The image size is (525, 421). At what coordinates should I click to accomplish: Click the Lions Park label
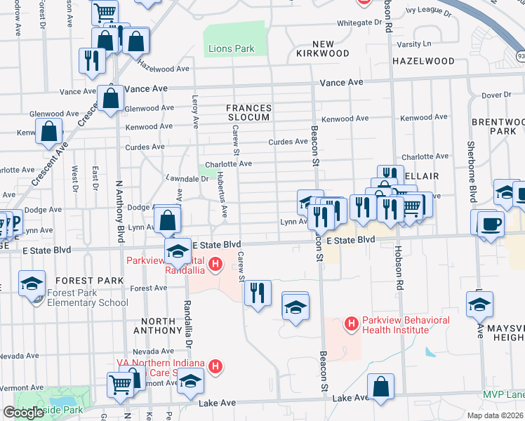(232, 49)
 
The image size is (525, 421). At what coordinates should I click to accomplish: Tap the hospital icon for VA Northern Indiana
(216, 366)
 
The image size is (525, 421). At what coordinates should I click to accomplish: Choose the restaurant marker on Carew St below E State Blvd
(258, 291)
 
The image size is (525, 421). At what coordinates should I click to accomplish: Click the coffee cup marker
(491, 223)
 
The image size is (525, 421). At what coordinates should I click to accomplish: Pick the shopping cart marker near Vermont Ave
(120, 384)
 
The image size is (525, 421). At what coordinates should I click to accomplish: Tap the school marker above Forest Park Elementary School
(32, 283)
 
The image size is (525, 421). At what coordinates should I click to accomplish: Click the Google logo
(23, 413)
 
